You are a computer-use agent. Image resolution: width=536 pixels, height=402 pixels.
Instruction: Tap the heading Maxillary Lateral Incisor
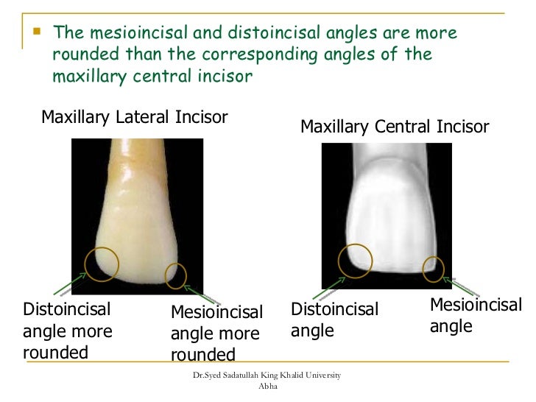click(134, 117)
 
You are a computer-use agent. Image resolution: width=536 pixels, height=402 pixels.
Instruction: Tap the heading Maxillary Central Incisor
click(395, 127)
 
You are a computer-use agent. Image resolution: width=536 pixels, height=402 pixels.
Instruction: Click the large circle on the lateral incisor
click(102, 262)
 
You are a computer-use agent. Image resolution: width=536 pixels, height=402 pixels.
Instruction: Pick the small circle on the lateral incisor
click(176, 275)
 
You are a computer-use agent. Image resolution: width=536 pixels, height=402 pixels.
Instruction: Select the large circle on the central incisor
click(354, 261)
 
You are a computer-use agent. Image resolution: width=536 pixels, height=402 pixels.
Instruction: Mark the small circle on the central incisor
click(434, 268)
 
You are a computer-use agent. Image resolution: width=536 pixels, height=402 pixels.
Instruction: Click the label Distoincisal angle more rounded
click(67, 331)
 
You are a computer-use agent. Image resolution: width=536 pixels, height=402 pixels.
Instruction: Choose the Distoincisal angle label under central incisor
click(335, 320)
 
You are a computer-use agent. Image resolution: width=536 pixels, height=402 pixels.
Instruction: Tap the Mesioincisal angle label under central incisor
click(475, 315)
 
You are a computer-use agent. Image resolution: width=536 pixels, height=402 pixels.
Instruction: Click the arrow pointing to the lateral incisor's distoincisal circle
click(70, 283)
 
